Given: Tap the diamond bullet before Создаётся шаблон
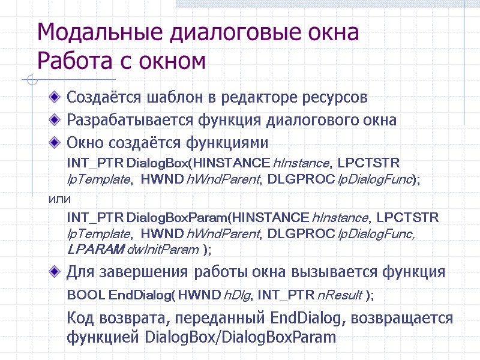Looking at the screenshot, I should click(56, 96).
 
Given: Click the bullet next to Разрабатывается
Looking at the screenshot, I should click(56, 119).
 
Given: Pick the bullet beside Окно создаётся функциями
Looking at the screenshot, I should click(56, 143).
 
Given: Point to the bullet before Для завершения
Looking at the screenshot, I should click(56, 272).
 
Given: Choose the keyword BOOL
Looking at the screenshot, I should click(86, 295).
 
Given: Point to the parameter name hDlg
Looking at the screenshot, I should click(234, 295).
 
